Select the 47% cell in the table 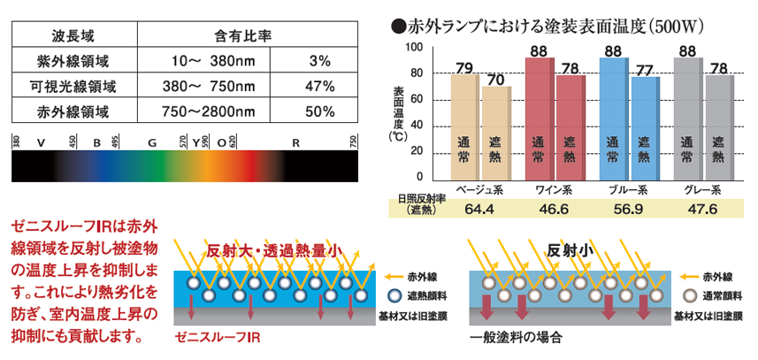(318, 87)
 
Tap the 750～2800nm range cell (214, 112)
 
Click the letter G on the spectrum (152, 142)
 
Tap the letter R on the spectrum (296, 142)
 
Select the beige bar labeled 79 (464, 124)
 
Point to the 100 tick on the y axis (414, 47)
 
